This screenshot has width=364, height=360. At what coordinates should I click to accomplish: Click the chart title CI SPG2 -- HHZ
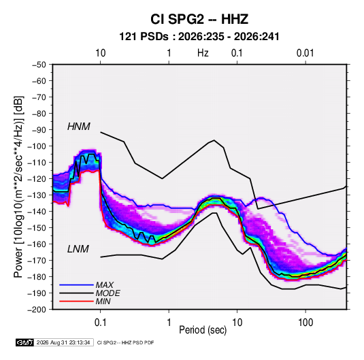tap(199, 19)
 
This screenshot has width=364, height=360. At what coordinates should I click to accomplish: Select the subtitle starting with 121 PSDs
tap(199, 37)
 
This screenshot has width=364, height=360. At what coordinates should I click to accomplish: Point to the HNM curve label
tap(79, 127)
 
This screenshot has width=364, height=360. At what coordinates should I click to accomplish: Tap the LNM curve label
tap(78, 249)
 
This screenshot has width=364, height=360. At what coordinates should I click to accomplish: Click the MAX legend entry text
tap(105, 285)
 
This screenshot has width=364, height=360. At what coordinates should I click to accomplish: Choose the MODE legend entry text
tap(107, 293)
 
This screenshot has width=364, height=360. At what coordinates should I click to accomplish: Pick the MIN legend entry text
tap(103, 301)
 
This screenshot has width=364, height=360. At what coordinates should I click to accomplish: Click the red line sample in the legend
tap(76, 301)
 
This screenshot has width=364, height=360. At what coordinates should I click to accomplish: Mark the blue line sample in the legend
tap(76, 284)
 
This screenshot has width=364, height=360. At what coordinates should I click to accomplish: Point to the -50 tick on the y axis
tap(39, 65)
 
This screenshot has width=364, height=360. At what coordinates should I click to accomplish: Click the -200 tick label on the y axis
tap(37, 310)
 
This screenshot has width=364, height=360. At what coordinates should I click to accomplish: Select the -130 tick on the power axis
tap(37, 195)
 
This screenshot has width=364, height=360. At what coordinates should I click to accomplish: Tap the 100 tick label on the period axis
tap(305, 323)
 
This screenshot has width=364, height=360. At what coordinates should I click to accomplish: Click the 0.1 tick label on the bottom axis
tap(100, 323)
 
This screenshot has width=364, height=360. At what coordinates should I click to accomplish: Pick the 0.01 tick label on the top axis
tap(305, 53)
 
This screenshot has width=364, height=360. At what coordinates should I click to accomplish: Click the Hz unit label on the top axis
tap(203, 53)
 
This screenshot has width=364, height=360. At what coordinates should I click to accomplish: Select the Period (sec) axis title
tap(203, 330)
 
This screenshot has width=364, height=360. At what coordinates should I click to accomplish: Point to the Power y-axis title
tap(18, 186)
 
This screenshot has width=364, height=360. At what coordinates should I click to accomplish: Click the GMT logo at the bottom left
tap(24, 342)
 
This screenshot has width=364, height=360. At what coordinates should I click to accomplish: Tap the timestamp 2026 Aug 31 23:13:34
tap(63, 342)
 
